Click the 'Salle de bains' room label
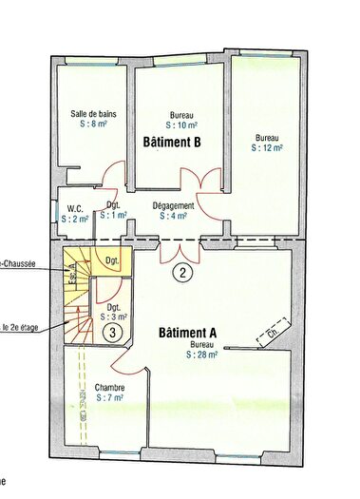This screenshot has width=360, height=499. pos(93,114)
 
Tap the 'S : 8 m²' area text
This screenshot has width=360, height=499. pos(93,125)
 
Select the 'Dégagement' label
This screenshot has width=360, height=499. pos(173,205)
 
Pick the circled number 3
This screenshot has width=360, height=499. pos(112,333)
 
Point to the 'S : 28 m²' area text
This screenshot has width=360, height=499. pos(202,355)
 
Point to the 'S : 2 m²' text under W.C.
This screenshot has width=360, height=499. pos(75,218)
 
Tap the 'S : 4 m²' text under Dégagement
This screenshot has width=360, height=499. pos(173,216)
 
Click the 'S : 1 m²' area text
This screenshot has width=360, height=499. pos(113,216)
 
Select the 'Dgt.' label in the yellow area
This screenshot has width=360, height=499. pos(111,260)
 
